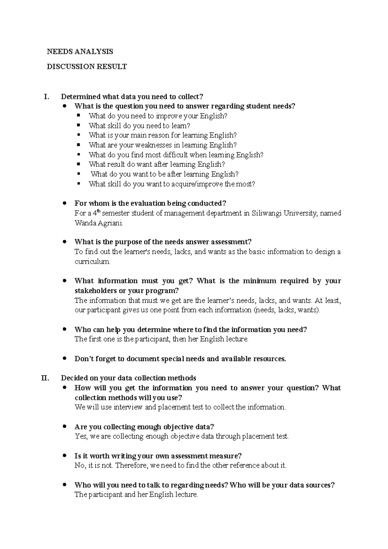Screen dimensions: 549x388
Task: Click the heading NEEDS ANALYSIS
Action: pos(80,51)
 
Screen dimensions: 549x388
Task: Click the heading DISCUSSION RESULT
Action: pos(87,67)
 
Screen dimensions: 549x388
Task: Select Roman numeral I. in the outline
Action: pos(47,96)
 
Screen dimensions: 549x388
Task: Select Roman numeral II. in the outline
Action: pos(45,378)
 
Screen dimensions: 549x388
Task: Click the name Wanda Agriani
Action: pos(99,223)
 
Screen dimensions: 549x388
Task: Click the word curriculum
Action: pos(92,262)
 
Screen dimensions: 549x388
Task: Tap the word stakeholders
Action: pos(96,291)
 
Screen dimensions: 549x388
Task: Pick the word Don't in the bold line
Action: pos(85,359)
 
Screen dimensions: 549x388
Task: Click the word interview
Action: pos(128,407)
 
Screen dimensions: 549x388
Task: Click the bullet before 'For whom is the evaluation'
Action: pos(65,203)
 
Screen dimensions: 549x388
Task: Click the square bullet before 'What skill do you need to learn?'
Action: pos(78,125)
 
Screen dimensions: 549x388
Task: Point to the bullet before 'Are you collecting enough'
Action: pos(65,426)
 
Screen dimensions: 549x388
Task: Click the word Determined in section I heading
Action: pos(81,96)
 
